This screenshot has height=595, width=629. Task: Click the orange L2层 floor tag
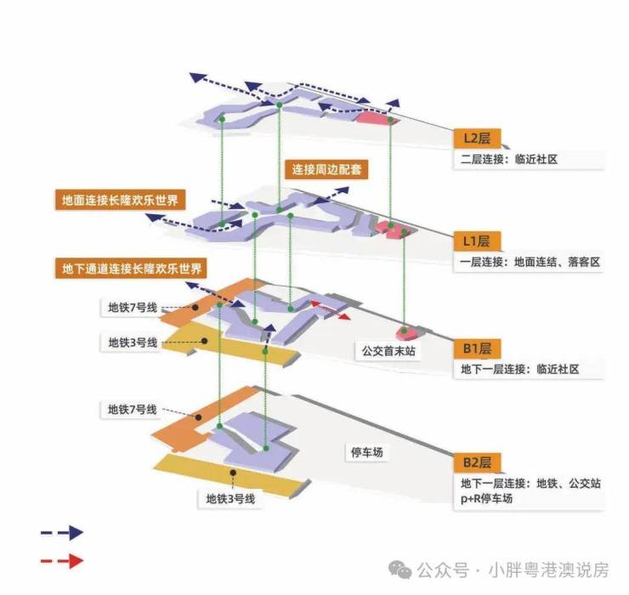(477, 138)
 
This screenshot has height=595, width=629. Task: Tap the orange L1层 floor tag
(477, 241)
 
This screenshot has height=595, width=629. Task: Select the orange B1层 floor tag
(477, 348)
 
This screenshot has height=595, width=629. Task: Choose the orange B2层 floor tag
(477, 462)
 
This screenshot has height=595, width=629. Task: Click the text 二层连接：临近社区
(508, 159)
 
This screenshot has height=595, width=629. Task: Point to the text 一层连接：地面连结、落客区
(530, 263)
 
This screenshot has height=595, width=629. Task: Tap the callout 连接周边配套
(326, 169)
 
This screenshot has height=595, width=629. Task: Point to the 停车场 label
(366, 453)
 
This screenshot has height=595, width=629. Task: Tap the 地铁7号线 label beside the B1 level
(132, 308)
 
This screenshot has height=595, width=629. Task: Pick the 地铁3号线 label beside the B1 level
(133, 343)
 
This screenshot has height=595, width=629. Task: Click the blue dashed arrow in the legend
(61, 533)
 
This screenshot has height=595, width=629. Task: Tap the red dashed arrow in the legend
(61, 561)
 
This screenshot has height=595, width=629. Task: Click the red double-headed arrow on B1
(330, 309)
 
